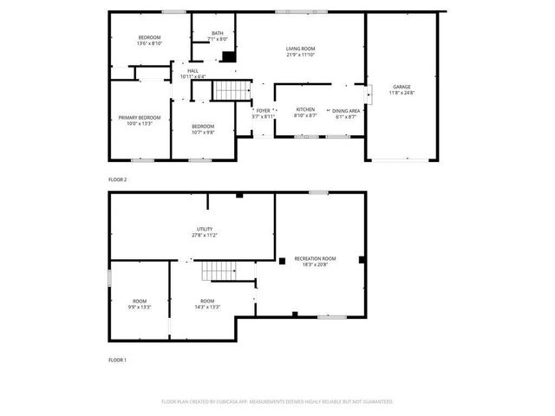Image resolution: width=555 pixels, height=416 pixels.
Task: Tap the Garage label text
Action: (402, 87)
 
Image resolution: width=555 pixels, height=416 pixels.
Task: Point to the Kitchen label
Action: (305, 110)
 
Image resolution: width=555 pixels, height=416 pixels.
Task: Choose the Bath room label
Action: (217, 34)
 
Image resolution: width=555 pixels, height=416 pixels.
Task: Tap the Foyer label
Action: (263, 110)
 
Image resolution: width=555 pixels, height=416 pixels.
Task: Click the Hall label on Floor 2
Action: (193, 71)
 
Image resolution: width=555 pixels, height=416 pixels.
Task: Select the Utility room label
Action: (205, 229)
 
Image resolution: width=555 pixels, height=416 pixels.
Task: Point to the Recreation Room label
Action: (315, 258)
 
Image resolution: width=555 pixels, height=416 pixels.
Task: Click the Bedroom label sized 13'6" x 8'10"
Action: (149, 36)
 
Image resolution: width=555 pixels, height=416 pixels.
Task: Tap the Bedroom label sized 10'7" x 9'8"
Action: (202, 127)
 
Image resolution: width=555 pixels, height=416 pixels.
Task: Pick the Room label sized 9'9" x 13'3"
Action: (139, 301)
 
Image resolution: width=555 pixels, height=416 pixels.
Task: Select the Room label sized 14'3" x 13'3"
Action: (207, 301)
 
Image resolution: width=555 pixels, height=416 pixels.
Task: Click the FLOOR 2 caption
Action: (117, 179)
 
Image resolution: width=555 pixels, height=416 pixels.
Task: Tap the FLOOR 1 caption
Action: (117, 359)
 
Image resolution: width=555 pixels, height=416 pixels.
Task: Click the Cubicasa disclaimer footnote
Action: (277, 401)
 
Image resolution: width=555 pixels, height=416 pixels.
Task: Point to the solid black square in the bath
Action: (228, 57)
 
